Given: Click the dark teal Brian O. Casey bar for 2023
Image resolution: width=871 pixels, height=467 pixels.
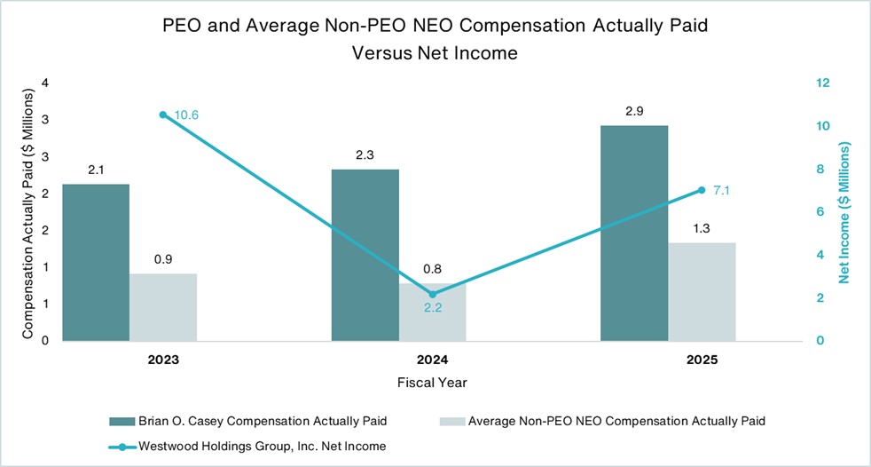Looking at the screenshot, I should click(x=96, y=263).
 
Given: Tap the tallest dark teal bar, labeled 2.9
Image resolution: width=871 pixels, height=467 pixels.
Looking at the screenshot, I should click(x=634, y=233).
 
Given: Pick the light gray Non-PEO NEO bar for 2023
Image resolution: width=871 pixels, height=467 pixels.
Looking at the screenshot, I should click(x=163, y=306).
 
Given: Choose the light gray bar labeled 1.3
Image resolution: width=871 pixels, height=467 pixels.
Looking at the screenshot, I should click(x=702, y=291).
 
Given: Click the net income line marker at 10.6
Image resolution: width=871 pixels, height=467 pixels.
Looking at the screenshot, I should click(x=163, y=115).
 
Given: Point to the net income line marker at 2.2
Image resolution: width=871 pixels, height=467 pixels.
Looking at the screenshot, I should click(x=433, y=294).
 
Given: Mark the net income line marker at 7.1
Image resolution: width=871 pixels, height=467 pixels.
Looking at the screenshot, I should click(x=702, y=189).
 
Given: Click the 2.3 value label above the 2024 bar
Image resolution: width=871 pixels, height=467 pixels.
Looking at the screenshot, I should click(x=365, y=154).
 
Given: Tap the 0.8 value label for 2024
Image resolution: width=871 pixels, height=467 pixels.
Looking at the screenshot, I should click(x=433, y=268).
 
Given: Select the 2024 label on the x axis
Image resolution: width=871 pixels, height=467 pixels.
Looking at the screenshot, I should click(x=433, y=361).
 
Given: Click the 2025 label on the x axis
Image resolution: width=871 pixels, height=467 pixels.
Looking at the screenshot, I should click(x=702, y=361).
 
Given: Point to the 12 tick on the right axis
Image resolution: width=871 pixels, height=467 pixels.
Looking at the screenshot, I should click(x=822, y=83).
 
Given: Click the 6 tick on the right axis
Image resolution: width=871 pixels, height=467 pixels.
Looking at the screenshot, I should click(x=820, y=211).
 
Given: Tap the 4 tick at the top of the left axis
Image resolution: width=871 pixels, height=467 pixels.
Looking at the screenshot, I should click(x=44, y=83).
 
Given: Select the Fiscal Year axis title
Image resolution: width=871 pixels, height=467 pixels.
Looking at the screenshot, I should click(x=433, y=383).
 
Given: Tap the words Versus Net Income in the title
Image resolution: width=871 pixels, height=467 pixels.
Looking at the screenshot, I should click(x=435, y=52).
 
